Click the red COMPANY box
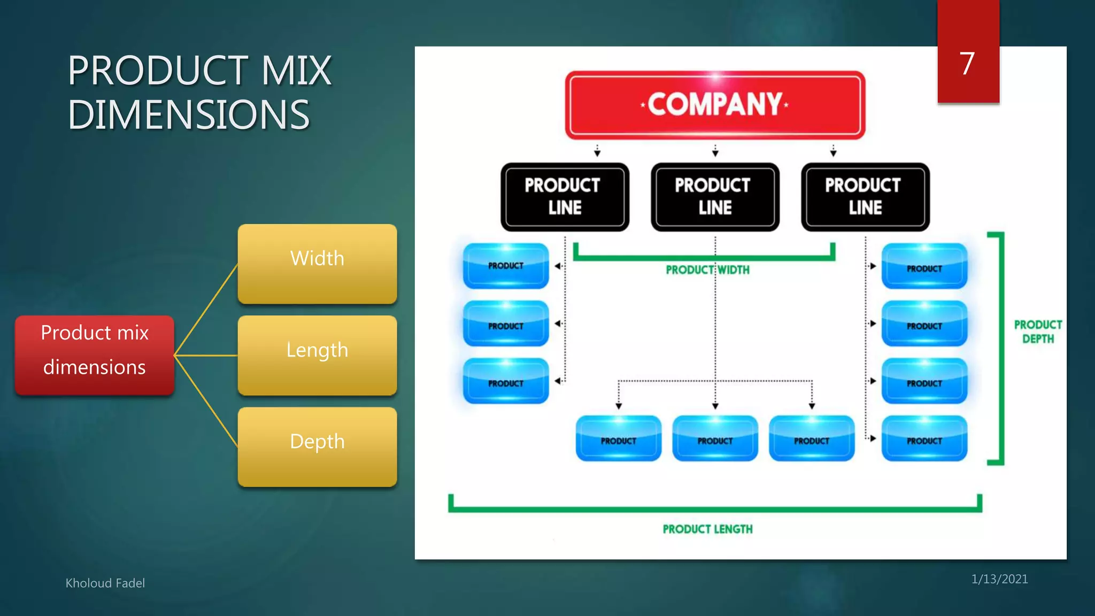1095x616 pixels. (715, 105)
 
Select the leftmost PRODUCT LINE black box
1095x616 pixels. (565, 197)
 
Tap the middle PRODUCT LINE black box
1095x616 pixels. (715, 197)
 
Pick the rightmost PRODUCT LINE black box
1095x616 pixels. (865, 197)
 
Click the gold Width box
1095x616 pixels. (317, 264)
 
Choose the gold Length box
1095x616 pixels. (317, 355)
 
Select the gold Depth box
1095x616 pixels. (317, 446)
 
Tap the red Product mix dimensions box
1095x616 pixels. (95, 355)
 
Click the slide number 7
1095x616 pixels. (967, 64)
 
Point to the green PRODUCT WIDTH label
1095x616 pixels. (707, 270)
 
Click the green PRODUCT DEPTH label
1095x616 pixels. (1038, 332)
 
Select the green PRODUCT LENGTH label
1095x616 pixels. (707, 529)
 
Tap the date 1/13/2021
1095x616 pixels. (999, 579)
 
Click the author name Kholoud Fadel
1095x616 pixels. (105, 583)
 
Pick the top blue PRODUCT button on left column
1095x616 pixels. (506, 266)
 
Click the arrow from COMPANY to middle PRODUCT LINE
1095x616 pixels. (715, 150)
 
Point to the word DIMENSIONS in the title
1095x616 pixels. (189, 115)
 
